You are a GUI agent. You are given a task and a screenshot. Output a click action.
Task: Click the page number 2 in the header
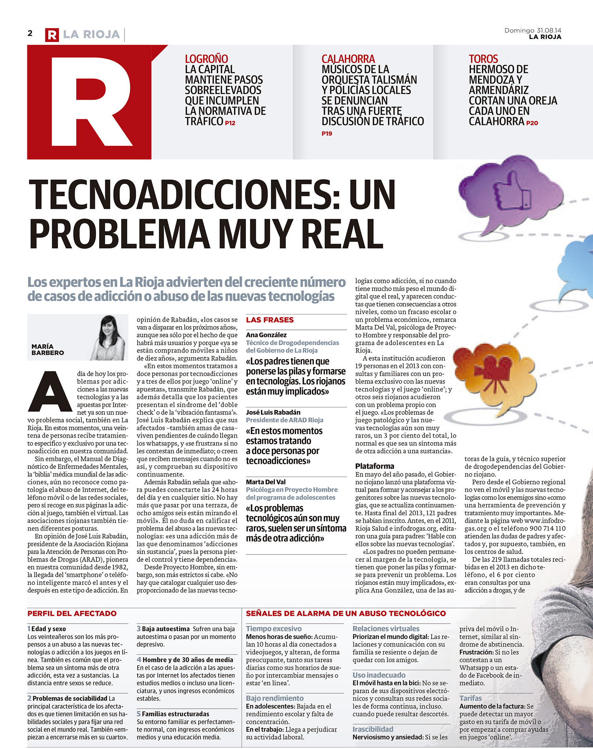[x=30, y=33]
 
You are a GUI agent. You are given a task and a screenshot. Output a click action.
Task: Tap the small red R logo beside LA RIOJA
[x=52, y=35]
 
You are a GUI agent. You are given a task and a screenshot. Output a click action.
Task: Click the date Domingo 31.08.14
[x=533, y=30]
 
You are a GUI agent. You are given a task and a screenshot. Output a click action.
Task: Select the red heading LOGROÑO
[x=206, y=59]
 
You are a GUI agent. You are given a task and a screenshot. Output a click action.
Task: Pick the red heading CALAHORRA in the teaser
[x=348, y=59]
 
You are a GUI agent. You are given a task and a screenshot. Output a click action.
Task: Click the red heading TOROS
[x=483, y=59]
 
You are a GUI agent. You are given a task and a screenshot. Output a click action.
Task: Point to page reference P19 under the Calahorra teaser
[x=327, y=134]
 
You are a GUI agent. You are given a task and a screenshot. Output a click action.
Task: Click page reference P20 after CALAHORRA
[x=532, y=123]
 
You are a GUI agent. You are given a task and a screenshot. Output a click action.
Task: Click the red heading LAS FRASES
[x=270, y=320]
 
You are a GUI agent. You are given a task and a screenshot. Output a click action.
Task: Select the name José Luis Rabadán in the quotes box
[x=273, y=412]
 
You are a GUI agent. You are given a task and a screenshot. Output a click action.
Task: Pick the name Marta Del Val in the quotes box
[x=266, y=482]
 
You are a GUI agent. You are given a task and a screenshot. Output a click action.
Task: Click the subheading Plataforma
[x=374, y=466]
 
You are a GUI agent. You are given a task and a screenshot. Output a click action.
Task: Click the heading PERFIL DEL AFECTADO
[x=72, y=613]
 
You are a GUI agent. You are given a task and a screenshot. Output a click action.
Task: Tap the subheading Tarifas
[x=470, y=698]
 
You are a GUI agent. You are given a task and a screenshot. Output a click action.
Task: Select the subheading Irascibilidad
[x=373, y=729]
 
